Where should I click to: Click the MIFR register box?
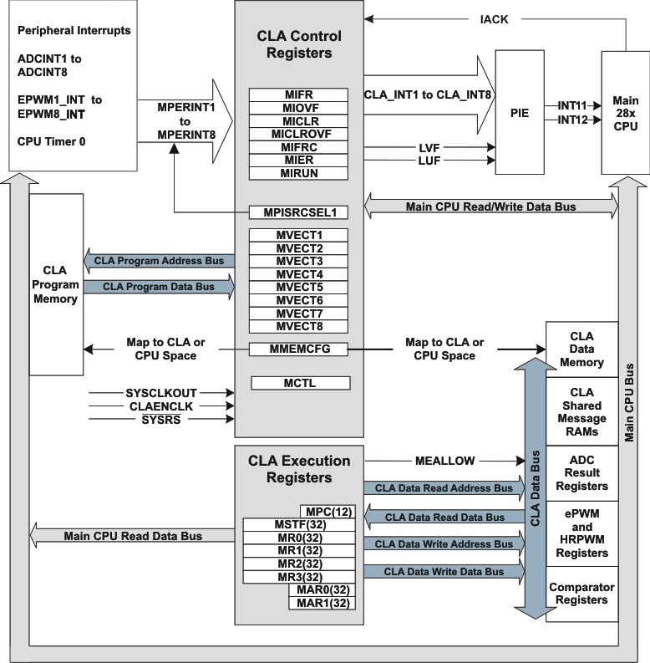coord(298,94)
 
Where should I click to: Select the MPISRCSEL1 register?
coord(298,212)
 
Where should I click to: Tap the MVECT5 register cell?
coord(298,288)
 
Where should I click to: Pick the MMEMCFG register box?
coord(298,349)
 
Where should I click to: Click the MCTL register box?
coord(298,384)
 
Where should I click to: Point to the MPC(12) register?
coord(328,511)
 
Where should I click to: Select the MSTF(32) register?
coord(298,524)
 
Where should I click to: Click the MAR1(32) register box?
coord(321,603)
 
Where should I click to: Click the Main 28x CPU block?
coord(625,113)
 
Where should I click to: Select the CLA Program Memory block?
coord(55,285)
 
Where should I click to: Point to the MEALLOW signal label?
coord(444,461)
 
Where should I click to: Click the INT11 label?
coord(572,106)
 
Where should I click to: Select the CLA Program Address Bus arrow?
coord(158,261)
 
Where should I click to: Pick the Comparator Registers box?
coord(581,594)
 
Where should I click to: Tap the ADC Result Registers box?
coord(581,472)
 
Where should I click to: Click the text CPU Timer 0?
coord(51,141)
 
